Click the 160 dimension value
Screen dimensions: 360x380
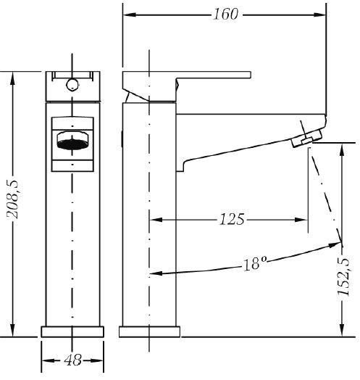tap(226, 14)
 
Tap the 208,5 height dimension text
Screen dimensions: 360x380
tap(12, 199)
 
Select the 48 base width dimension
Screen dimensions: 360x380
tap(72, 360)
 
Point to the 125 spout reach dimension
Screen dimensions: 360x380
tap(232, 219)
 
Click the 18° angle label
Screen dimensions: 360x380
tap(255, 263)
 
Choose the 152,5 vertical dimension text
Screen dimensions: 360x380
tap(344, 276)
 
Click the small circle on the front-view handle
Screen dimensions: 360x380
tap(72, 85)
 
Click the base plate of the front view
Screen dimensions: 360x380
tap(72, 331)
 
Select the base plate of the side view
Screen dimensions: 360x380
tap(150, 331)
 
